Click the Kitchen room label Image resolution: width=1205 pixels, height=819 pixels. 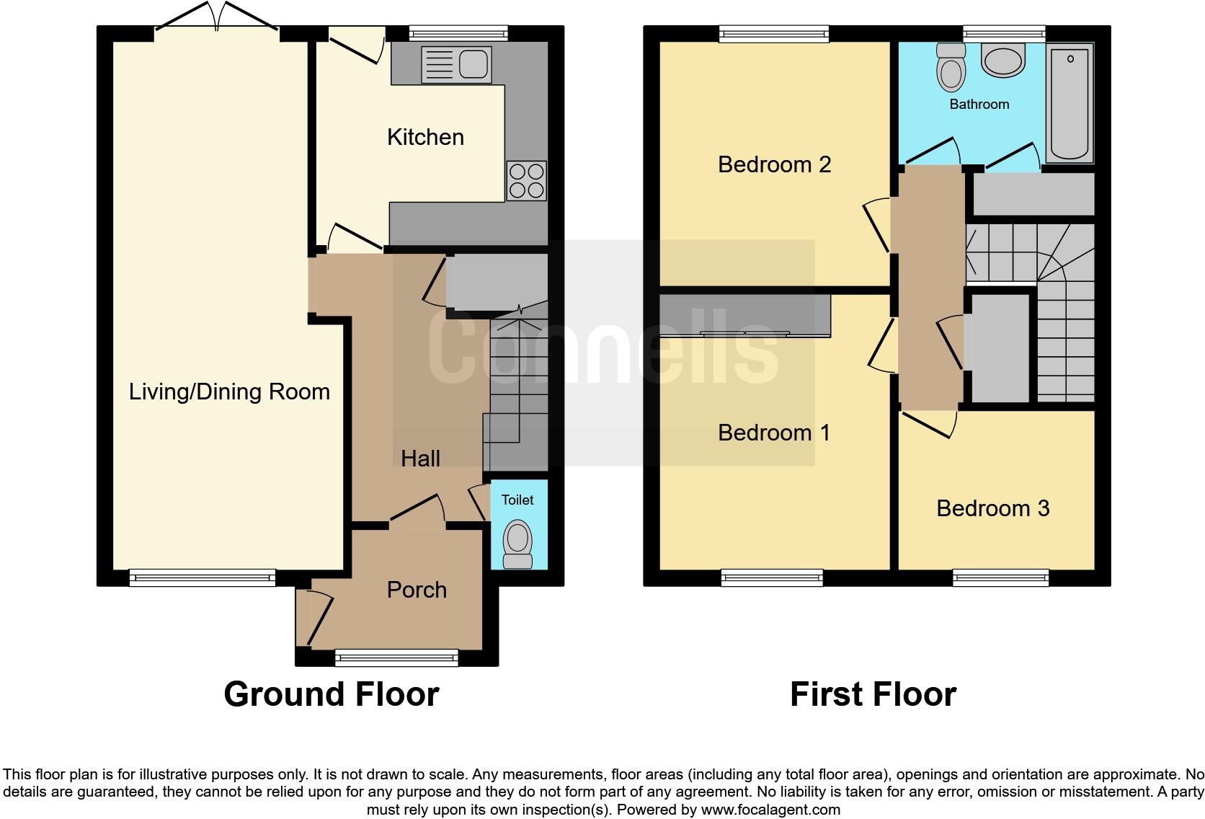click(x=425, y=137)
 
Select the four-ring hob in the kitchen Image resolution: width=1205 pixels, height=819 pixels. click(x=526, y=180)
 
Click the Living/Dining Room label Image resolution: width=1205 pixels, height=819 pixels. click(x=229, y=391)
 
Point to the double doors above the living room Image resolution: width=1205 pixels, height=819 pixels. click(x=216, y=18)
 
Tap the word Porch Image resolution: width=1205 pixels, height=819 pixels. click(x=417, y=590)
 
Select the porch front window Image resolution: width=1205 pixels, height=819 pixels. click(x=396, y=657)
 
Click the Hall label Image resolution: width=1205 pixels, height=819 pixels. click(x=420, y=459)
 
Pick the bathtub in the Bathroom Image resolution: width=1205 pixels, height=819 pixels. click(x=1070, y=103)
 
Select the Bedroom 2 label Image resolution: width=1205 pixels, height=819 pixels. click(x=774, y=164)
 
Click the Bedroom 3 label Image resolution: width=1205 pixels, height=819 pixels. click(x=992, y=508)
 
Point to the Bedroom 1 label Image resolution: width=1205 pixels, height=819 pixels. click(x=774, y=433)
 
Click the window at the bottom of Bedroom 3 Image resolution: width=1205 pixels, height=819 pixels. click(x=1000, y=577)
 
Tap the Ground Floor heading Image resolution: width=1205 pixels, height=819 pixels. click(x=331, y=694)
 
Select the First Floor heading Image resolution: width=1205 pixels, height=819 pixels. click(x=873, y=694)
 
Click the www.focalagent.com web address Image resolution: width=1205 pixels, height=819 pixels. click(x=770, y=810)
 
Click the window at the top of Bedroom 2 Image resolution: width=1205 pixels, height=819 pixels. click(x=774, y=33)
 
